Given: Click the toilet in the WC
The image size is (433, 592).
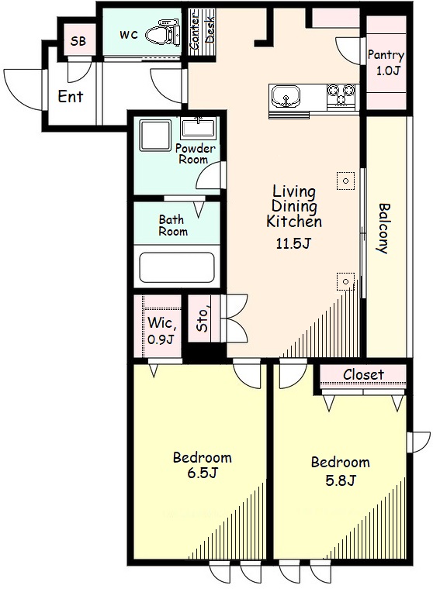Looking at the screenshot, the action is (165, 34).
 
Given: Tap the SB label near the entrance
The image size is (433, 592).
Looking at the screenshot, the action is (78, 41).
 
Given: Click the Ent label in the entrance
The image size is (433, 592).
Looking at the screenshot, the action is (71, 97).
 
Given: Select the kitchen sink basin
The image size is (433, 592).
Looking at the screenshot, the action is (286, 97).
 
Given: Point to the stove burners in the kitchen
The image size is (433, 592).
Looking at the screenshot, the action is (343, 94).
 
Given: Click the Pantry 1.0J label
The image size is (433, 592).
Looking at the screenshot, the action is (386, 62).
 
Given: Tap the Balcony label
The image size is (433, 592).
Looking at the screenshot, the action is (384, 229).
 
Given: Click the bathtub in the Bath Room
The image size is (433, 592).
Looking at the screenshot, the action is (177, 267).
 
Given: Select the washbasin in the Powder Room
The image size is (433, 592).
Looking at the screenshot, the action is (198, 128).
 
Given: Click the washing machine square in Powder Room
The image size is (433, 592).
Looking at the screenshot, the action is (155, 135).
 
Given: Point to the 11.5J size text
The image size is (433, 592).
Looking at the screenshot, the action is (293, 244).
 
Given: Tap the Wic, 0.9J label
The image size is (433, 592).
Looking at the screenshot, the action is (162, 331).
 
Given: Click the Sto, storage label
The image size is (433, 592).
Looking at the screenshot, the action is (203, 320).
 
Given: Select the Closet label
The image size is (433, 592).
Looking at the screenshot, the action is (363, 374).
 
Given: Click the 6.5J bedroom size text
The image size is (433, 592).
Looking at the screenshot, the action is (203, 473).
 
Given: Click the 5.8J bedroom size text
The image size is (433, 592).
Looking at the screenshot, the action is (341, 480).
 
